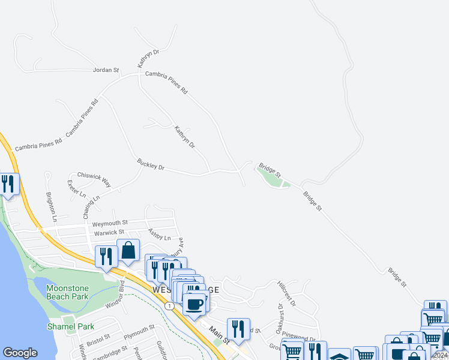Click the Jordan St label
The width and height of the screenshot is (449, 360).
[106, 70]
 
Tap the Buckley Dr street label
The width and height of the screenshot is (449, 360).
[151, 164]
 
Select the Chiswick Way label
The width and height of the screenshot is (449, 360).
[94, 178]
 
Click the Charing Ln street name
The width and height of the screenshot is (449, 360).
[92, 206]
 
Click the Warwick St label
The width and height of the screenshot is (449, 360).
[109, 232]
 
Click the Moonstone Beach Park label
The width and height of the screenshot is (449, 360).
[67, 292]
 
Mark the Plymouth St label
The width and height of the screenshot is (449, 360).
[139, 331]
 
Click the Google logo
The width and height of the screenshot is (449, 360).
[20, 353]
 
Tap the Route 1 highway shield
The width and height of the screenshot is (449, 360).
[171, 306]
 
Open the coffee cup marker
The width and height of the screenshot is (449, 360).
[194, 304]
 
